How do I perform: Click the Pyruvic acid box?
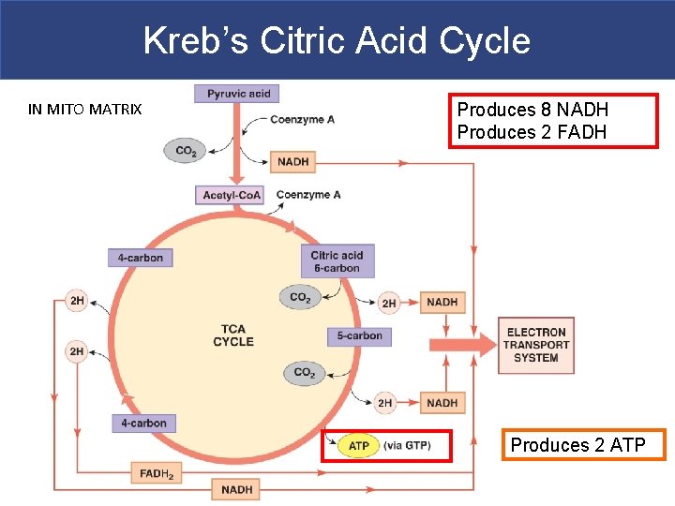coord(238,94)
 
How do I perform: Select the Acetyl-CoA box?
coord(231,195)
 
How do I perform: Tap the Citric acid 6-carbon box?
coord(337,261)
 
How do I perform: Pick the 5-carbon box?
coord(359,335)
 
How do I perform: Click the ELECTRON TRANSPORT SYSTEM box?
coord(535,345)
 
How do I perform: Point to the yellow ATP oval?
coord(358,446)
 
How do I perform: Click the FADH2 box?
coord(156,473)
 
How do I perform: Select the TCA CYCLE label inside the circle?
coord(233,335)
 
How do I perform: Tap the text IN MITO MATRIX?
coord(85,110)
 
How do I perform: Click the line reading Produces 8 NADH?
coord(532,110)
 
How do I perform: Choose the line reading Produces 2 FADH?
coord(532,132)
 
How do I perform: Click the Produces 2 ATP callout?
coord(577,445)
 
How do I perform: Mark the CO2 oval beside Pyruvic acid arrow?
coord(186,150)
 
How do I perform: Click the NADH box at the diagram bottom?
coord(237,489)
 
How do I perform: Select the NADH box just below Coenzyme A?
coord(292,161)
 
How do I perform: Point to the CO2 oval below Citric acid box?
coord(300,298)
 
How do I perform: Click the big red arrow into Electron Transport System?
coord(461,344)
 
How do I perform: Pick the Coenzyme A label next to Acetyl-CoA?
coord(307,195)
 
